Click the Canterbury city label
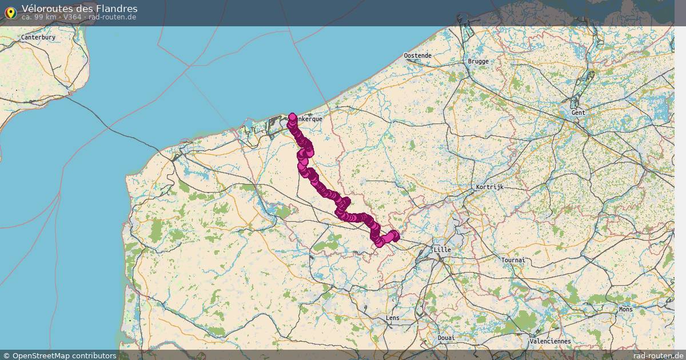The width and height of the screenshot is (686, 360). point(38,37)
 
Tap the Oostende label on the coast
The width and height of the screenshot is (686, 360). point(417,55)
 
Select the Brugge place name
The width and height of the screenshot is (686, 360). point(478,61)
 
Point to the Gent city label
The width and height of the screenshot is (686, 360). point(578,113)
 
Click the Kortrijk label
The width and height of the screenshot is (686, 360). point(489,187)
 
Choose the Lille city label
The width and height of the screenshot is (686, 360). point(442,250)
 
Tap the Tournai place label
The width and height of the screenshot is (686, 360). point(512,260)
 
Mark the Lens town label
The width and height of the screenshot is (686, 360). point(393,318)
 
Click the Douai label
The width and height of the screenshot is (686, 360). point(446,338)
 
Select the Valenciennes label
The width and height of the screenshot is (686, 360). point(550,341)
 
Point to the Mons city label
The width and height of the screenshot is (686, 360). point(625,309)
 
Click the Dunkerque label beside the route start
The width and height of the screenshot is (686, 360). point(309,119)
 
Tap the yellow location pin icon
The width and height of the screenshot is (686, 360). point(10,13)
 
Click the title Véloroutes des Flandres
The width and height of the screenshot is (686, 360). point(79,9)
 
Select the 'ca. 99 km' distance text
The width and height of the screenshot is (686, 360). point(39,17)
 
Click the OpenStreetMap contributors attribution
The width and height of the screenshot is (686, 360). point(64,355)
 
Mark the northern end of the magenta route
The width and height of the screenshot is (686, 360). point(293,117)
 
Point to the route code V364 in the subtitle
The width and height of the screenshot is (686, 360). point(73,17)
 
